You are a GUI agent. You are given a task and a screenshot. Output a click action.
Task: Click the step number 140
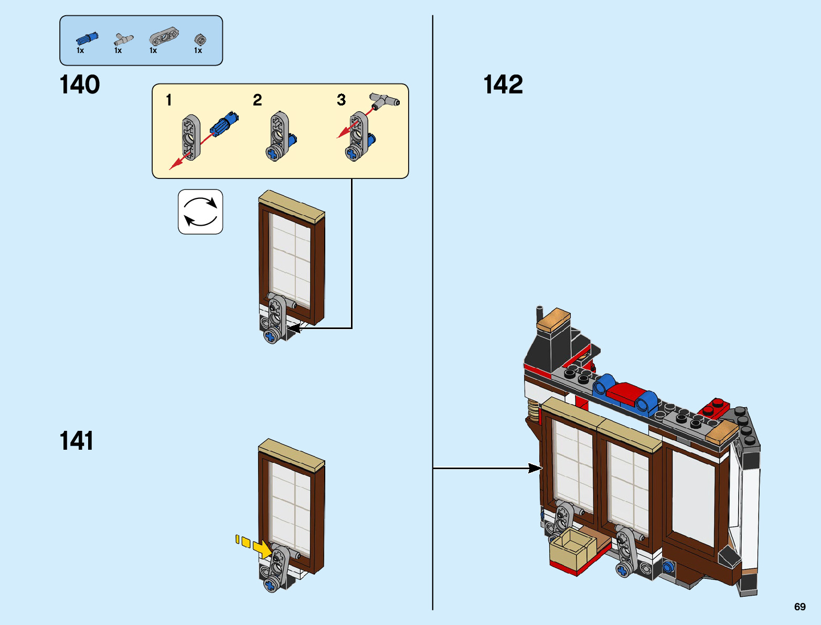tap(80, 84)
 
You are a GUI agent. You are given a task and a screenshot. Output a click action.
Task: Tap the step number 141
tap(77, 441)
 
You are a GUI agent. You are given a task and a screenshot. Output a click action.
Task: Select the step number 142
tap(503, 84)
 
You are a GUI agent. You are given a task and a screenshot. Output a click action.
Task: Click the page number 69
tap(799, 607)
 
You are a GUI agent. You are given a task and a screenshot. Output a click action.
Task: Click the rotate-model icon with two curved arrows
tap(200, 211)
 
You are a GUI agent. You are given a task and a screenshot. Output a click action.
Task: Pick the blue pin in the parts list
tap(87, 38)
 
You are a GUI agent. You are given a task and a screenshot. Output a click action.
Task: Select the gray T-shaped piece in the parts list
tap(124, 39)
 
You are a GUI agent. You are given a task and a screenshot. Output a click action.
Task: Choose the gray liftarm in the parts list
tap(163, 37)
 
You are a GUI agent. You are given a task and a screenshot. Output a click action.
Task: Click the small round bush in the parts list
tap(200, 39)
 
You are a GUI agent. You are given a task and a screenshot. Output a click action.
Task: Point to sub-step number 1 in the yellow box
tap(169, 100)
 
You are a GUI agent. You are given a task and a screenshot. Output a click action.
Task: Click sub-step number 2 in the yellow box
tap(257, 100)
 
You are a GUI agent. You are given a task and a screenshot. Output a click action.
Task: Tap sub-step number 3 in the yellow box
tap(342, 100)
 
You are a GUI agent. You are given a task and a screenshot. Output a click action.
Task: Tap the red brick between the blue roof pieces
tap(626, 393)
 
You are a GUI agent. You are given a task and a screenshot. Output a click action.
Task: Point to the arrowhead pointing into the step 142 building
tap(535, 468)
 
